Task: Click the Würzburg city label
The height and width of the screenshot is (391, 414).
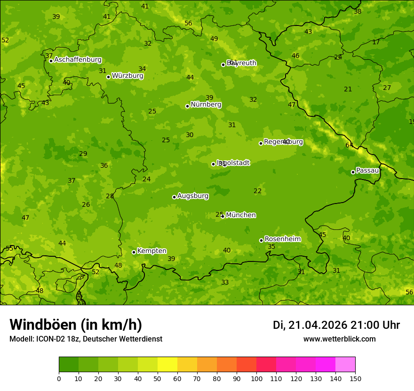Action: [x=127, y=76]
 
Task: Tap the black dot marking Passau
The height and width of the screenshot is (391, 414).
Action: [x=353, y=172]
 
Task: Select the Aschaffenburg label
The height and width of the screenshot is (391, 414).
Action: [x=78, y=60]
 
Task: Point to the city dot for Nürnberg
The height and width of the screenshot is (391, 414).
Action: [x=187, y=106]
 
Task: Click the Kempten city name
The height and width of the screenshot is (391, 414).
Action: [x=151, y=251]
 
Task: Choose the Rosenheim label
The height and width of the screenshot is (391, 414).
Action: [x=282, y=239]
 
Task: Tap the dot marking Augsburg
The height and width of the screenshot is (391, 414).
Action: [x=174, y=197]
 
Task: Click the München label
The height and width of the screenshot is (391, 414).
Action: [x=241, y=215]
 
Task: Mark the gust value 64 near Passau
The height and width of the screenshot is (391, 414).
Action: [x=349, y=145]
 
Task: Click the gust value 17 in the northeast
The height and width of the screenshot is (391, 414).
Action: [x=376, y=42]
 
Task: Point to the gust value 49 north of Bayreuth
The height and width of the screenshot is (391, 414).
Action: [x=214, y=39]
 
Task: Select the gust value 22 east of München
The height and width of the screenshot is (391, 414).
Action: [x=257, y=191]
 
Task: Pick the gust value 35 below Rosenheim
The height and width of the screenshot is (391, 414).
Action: [x=271, y=246]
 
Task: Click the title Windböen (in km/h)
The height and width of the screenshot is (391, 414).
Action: [x=76, y=325]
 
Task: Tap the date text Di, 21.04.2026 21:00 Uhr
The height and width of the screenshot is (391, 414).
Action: [x=336, y=325]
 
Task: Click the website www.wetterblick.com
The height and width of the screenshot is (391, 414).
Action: [x=339, y=339]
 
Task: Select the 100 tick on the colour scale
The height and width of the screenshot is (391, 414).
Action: [x=256, y=378]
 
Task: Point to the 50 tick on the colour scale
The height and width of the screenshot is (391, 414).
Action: [x=158, y=378]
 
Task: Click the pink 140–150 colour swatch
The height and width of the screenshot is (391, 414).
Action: [x=345, y=365]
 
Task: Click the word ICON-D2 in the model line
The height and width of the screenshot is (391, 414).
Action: [x=49, y=339]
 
